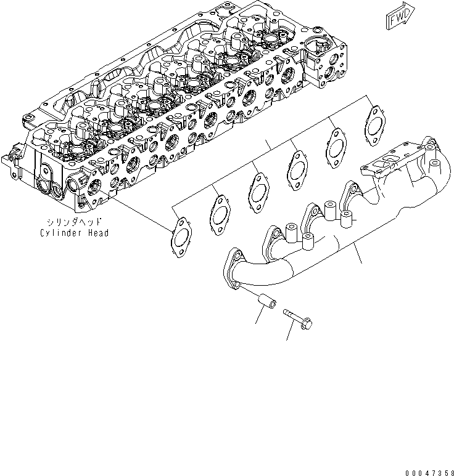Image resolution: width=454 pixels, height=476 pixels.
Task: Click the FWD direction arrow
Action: pyautogui.click(x=400, y=18)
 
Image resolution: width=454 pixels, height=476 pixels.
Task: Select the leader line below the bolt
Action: pyautogui.click(x=294, y=331)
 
